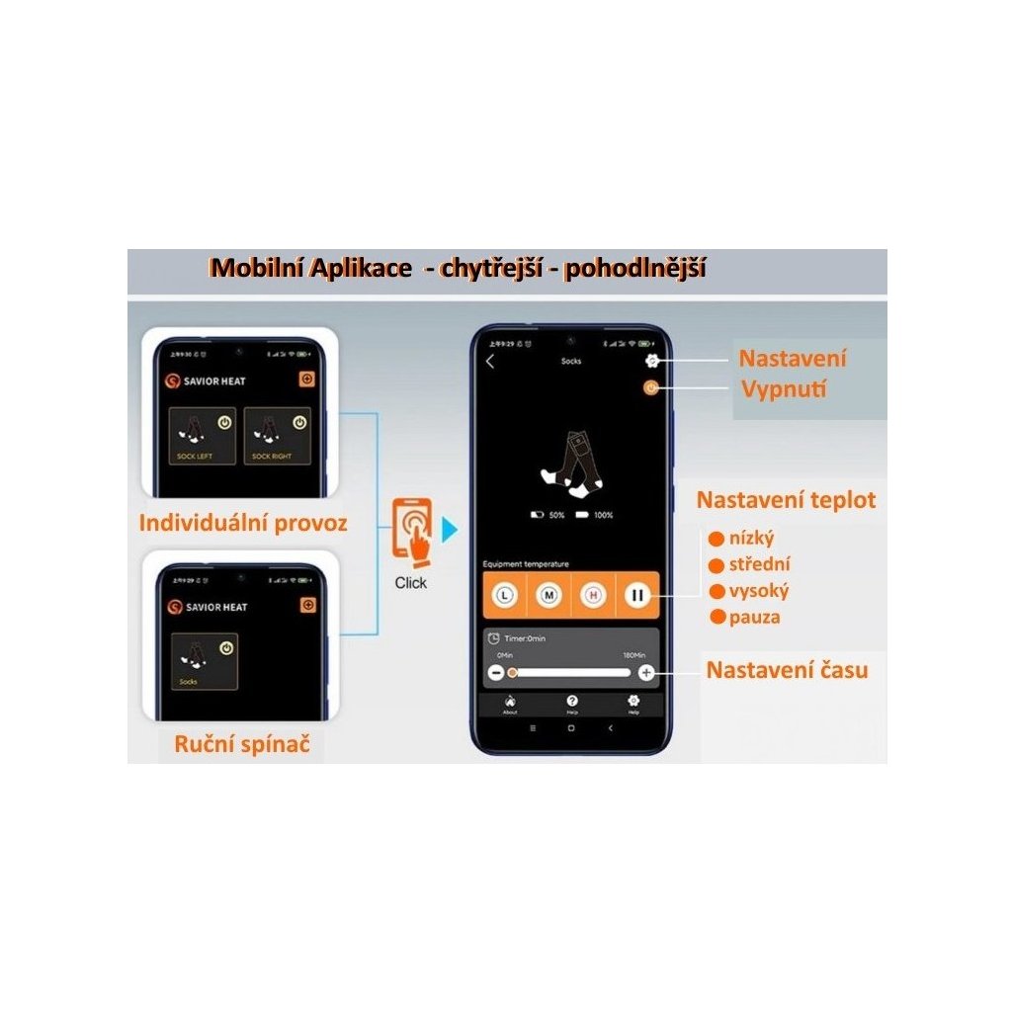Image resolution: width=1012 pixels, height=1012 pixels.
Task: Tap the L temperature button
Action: pyautogui.click(x=505, y=596)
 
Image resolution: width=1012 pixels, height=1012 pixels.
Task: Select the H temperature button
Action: pyautogui.click(x=593, y=596)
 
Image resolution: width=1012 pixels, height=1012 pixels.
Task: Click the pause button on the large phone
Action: pyautogui.click(x=636, y=596)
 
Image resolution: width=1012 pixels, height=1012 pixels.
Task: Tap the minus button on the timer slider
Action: pyautogui.click(x=496, y=673)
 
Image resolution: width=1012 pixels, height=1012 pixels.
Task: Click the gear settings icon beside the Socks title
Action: pyautogui.click(x=652, y=362)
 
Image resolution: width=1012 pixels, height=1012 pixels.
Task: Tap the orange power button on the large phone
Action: pyautogui.click(x=650, y=388)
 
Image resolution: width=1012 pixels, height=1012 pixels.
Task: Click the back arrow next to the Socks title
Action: pyautogui.click(x=490, y=362)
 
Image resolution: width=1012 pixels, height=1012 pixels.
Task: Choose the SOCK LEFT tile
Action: pyautogui.click(x=202, y=436)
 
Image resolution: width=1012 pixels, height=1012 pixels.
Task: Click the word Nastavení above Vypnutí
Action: pyautogui.click(x=793, y=359)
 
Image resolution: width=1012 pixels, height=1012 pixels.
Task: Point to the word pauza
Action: pyautogui.click(x=754, y=618)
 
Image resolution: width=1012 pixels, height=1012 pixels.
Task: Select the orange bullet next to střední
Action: pyautogui.click(x=717, y=565)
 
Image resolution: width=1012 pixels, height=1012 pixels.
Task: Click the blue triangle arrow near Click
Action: pyautogui.click(x=450, y=531)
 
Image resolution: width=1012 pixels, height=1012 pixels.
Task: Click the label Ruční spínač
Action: pyautogui.click(x=242, y=744)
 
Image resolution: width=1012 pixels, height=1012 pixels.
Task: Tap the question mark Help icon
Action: pyautogui.click(x=572, y=701)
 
